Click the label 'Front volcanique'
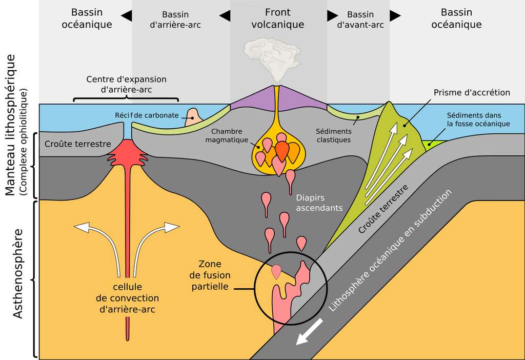pos(278,18)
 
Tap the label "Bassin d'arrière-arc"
pos(175,19)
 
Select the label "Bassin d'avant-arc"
pos(360,19)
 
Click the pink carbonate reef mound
pos(193,117)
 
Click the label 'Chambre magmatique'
pos(227,135)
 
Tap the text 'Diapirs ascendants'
pos(319,203)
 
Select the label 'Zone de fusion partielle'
pos(210,275)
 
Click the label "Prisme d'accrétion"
pos(472,92)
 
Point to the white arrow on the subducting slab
pos(309,331)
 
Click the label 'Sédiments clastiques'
pos(334,135)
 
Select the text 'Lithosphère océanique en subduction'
pos(390,250)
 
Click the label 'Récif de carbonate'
pos(147,115)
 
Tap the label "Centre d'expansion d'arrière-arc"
pos(126,85)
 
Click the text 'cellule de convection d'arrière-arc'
pos(127,298)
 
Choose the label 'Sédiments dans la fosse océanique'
pos(478,119)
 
